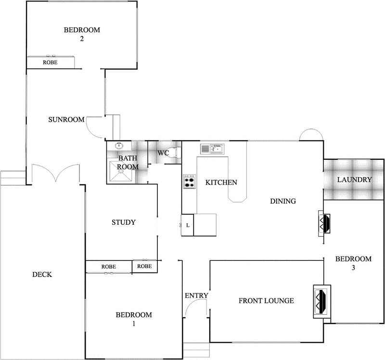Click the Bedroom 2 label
[x=82, y=34]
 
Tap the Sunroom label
[x=66, y=120]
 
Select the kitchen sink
[x=211, y=149]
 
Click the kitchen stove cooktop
[x=189, y=181]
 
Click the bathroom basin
[x=118, y=146]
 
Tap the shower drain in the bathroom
[x=121, y=169]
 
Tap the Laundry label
[x=354, y=180]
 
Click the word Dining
[x=282, y=201]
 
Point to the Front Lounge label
[x=266, y=301]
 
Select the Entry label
[x=196, y=296]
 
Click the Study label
[x=123, y=222]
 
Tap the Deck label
[x=42, y=274]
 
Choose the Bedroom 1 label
[x=134, y=319]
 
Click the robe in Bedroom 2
[x=51, y=62]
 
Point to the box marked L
[x=187, y=225]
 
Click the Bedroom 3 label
[x=353, y=262]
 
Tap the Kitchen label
[x=221, y=182]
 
